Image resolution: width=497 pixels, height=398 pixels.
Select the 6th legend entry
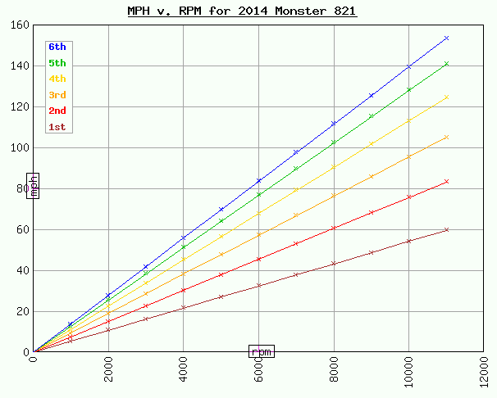pyautogui.click(x=57, y=47)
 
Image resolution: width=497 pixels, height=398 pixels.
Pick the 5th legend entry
pyautogui.click(x=57, y=63)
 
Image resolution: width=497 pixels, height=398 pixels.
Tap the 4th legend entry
pyautogui.click(x=57, y=79)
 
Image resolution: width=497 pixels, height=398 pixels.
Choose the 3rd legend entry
pyautogui.click(x=57, y=95)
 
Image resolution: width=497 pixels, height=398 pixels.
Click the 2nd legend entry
pyautogui.click(x=57, y=111)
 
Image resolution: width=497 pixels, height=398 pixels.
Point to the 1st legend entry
pyautogui.click(x=57, y=127)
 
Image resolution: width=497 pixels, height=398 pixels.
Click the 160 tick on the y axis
pyautogui.click(x=21, y=25)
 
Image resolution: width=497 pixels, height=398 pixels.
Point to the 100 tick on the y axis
pyautogui.click(x=21, y=147)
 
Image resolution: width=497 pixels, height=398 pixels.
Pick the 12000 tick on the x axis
pyautogui.click(x=485, y=373)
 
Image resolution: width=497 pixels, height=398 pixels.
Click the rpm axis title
pyautogui.click(x=262, y=351)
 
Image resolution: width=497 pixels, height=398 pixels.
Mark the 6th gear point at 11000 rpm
pyautogui.click(x=447, y=38)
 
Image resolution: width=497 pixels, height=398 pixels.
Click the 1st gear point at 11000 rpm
pyautogui.click(x=447, y=230)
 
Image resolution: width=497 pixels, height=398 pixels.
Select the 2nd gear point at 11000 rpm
pyautogui.click(x=447, y=182)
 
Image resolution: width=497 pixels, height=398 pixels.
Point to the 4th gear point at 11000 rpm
pyautogui.click(x=447, y=97)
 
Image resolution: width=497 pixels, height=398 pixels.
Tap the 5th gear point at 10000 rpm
pyautogui.click(x=409, y=90)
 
